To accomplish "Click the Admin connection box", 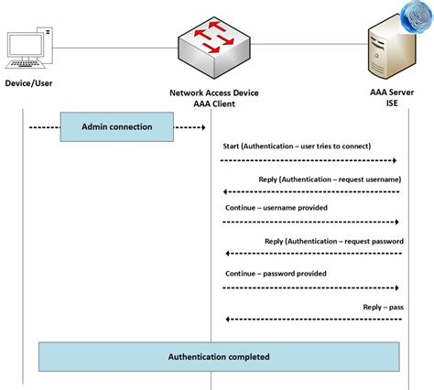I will coord(117,126).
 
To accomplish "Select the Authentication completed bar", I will coord(219,356).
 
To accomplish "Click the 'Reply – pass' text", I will coord(382,307).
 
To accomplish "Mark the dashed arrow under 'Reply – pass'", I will coord(311,320).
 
